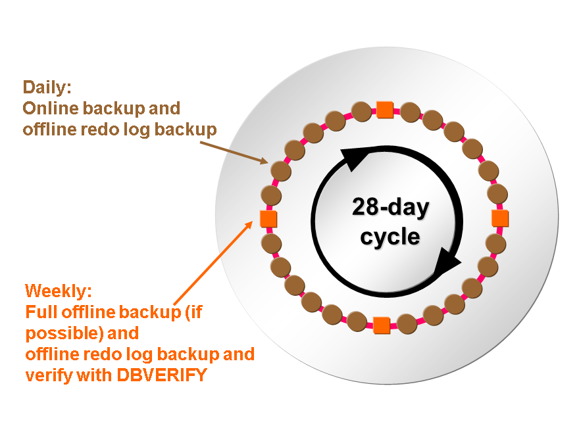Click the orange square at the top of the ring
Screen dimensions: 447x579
click(x=384, y=109)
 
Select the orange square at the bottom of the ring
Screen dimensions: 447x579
click(x=381, y=324)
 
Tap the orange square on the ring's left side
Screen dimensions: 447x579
click(x=268, y=218)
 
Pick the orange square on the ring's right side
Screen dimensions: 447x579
click(x=500, y=217)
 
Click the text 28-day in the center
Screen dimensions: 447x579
click(x=391, y=208)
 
